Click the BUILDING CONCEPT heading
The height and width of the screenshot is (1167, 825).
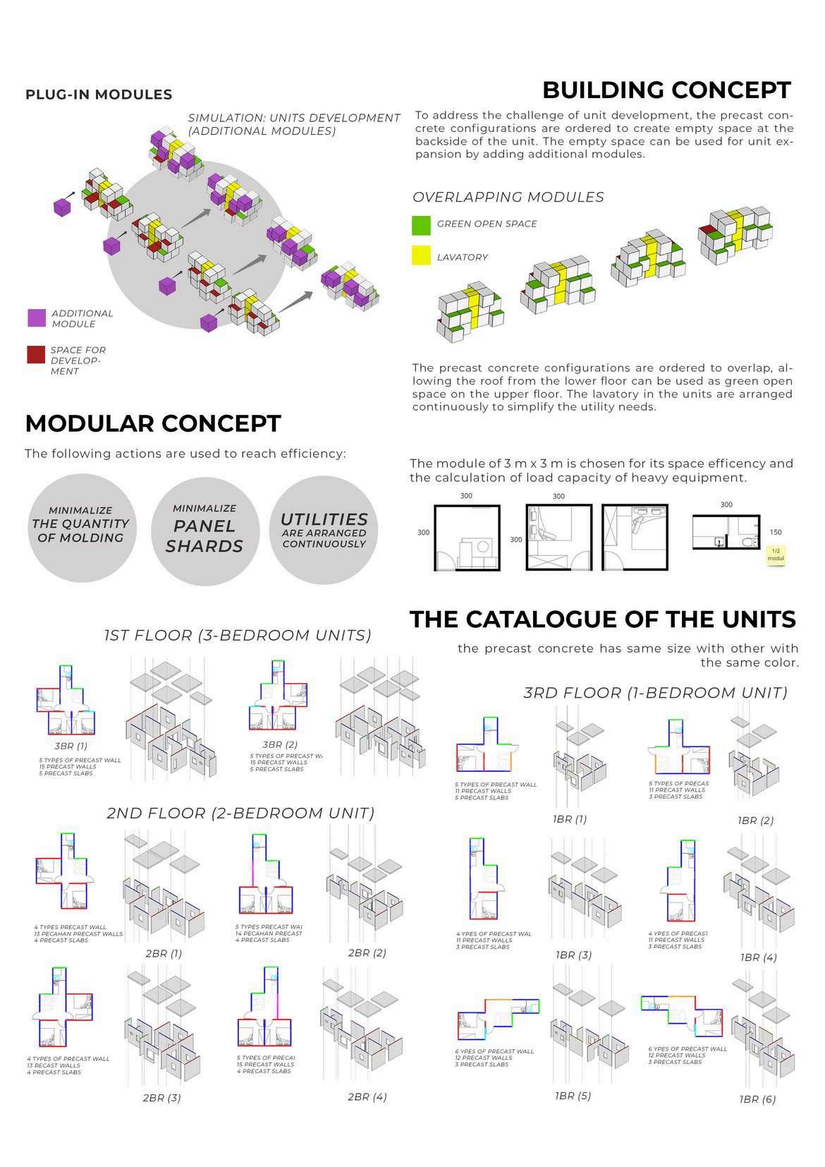[666, 90]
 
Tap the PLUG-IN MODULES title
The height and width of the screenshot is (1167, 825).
[99, 95]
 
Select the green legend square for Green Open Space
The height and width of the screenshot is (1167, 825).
[421, 225]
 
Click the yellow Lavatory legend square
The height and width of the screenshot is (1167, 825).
[421, 255]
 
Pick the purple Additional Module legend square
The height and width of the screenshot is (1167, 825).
[37, 318]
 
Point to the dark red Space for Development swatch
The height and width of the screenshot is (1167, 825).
[36, 354]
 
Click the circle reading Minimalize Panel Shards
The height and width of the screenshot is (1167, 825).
[204, 529]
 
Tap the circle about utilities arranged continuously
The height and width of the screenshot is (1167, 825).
[324, 530]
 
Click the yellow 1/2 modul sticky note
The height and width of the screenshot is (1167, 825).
[776, 555]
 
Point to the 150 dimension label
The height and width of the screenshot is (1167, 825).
[776, 533]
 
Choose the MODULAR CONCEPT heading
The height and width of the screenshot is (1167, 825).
[153, 423]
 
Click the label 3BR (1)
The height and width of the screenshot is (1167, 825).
[71, 746]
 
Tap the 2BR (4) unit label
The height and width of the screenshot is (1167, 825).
[367, 1096]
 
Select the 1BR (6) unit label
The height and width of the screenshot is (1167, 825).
[757, 1099]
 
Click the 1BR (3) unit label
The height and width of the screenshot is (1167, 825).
[573, 955]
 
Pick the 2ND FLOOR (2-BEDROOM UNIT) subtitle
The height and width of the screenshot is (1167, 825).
[240, 813]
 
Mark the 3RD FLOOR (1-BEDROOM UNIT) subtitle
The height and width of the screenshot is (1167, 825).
[655, 693]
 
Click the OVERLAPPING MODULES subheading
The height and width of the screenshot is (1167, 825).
[508, 198]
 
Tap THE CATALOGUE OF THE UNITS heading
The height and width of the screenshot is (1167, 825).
[602, 619]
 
